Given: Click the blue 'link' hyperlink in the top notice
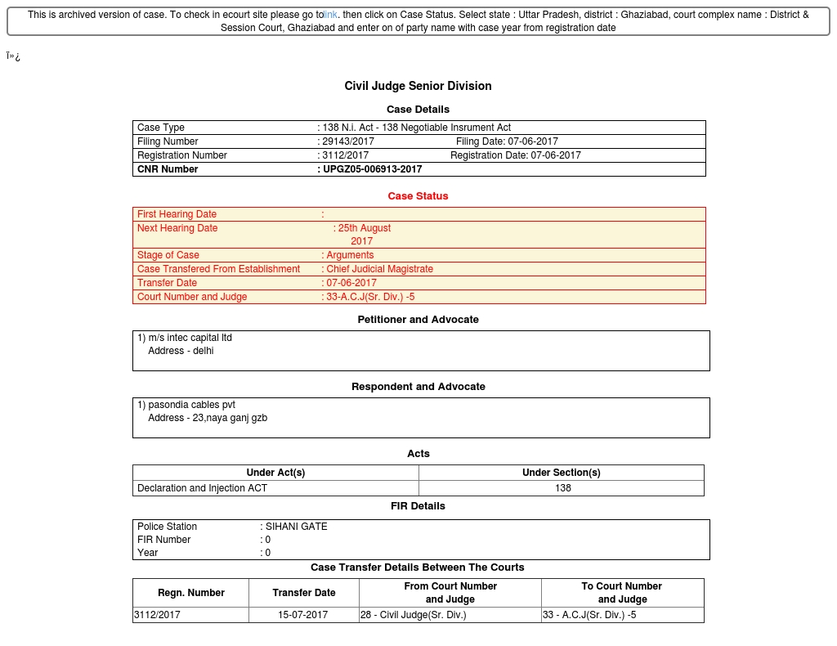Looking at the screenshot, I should click(x=330, y=15).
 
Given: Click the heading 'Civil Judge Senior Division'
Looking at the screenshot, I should click(x=418, y=86).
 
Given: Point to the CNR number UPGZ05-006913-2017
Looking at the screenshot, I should click(x=373, y=169).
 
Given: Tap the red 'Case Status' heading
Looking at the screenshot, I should click(x=418, y=196).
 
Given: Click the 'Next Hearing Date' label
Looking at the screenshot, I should click(x=177, y=228).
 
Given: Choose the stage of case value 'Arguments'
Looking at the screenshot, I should click(x=350, y=255).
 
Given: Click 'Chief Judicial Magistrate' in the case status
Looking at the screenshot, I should click(x=379, y=269).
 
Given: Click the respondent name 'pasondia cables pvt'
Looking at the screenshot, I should click(x=191, y=405).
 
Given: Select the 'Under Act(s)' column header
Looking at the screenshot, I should click(x=275, y=473).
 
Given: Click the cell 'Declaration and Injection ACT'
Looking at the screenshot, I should click(x=202, y=488).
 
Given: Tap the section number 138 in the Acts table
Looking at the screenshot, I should click(x=562, y=488).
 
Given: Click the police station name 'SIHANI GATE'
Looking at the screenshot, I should click(x=296, y=527).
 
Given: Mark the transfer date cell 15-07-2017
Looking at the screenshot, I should click(x=302, y=615).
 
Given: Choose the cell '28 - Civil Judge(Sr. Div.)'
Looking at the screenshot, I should click(x=414, y=615).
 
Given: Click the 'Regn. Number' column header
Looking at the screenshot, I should click(x=190, y=593).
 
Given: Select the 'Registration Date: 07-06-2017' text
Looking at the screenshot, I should click(x=515, y=155).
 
